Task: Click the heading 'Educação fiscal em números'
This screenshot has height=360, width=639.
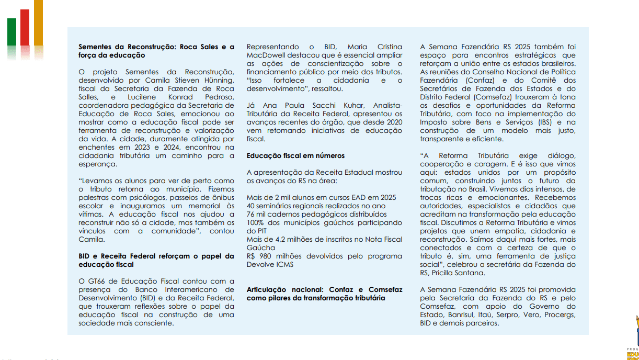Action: (x=295, y=155)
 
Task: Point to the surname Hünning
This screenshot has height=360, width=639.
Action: (x=218, y=80)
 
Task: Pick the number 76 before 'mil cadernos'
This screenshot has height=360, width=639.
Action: (x=251, y=214)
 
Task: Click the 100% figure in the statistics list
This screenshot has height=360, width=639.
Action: (x=256, y=222)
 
